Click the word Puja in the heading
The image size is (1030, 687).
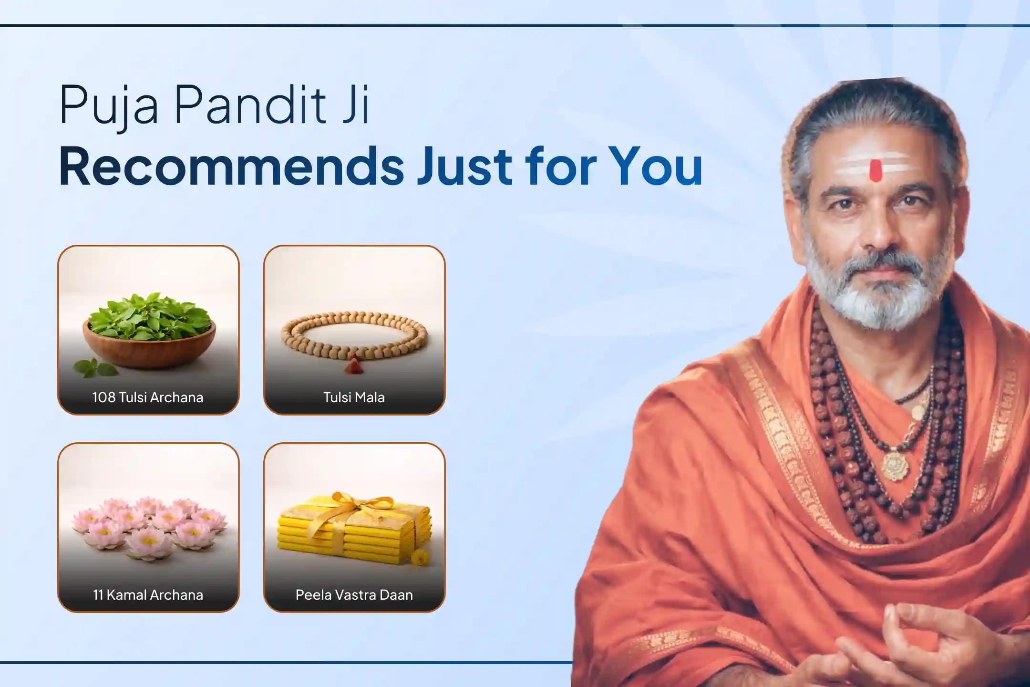[108, 106]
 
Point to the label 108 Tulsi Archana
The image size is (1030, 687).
[148, 397]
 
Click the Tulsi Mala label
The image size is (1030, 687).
[354, 397]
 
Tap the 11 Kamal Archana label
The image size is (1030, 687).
[148, 595]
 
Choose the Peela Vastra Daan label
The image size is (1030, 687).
[354, 595]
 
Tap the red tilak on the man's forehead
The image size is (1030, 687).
[875, 171]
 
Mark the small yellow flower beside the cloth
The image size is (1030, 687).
[418, 558]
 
